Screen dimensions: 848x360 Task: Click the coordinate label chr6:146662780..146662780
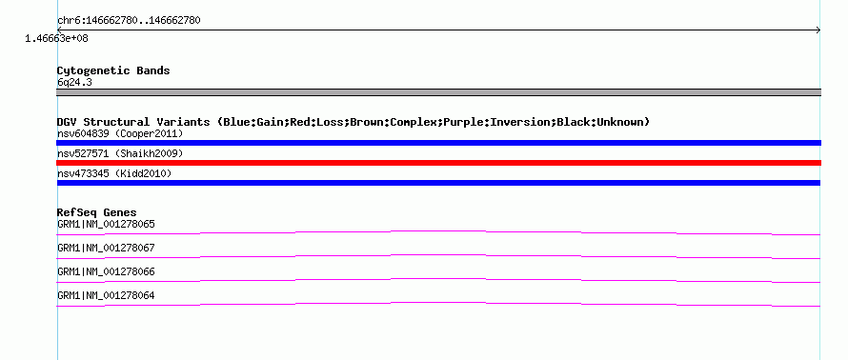[x=129, y=21]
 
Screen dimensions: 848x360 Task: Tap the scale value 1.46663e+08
[x=56, y=39]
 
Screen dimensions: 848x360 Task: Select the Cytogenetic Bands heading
[x=113, y=70]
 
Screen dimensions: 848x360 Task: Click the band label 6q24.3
[x=71, y=82]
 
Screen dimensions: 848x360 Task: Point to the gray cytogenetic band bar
[x=438, y=92]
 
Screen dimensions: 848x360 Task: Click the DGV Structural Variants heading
[x=353, y=122]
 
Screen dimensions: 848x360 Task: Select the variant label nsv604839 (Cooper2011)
[x=120, y=133]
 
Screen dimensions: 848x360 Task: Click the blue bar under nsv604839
[x=438, y=143]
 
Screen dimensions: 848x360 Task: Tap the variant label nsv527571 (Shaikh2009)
[x=120, y=154]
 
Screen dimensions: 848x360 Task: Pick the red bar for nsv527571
[x=438, y=163]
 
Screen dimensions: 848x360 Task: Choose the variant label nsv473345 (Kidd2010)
[x=114, y=173]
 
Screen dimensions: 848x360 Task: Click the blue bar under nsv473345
[x=438, y=183]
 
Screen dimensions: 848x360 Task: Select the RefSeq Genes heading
[x=97, y=212]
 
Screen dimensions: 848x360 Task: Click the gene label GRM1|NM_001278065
[x=106, y=225]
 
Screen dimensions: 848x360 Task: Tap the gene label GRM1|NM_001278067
[x=106, y=249]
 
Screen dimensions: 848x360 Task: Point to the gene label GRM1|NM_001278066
[x=106, y=271]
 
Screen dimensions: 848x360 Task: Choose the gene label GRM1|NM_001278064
[x=106, y=295]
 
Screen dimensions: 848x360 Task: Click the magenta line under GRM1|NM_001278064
[x=438, y=303]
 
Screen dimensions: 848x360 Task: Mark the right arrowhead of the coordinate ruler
[x=818, y=30]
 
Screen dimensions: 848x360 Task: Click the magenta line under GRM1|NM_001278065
[x=438, y=231]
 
